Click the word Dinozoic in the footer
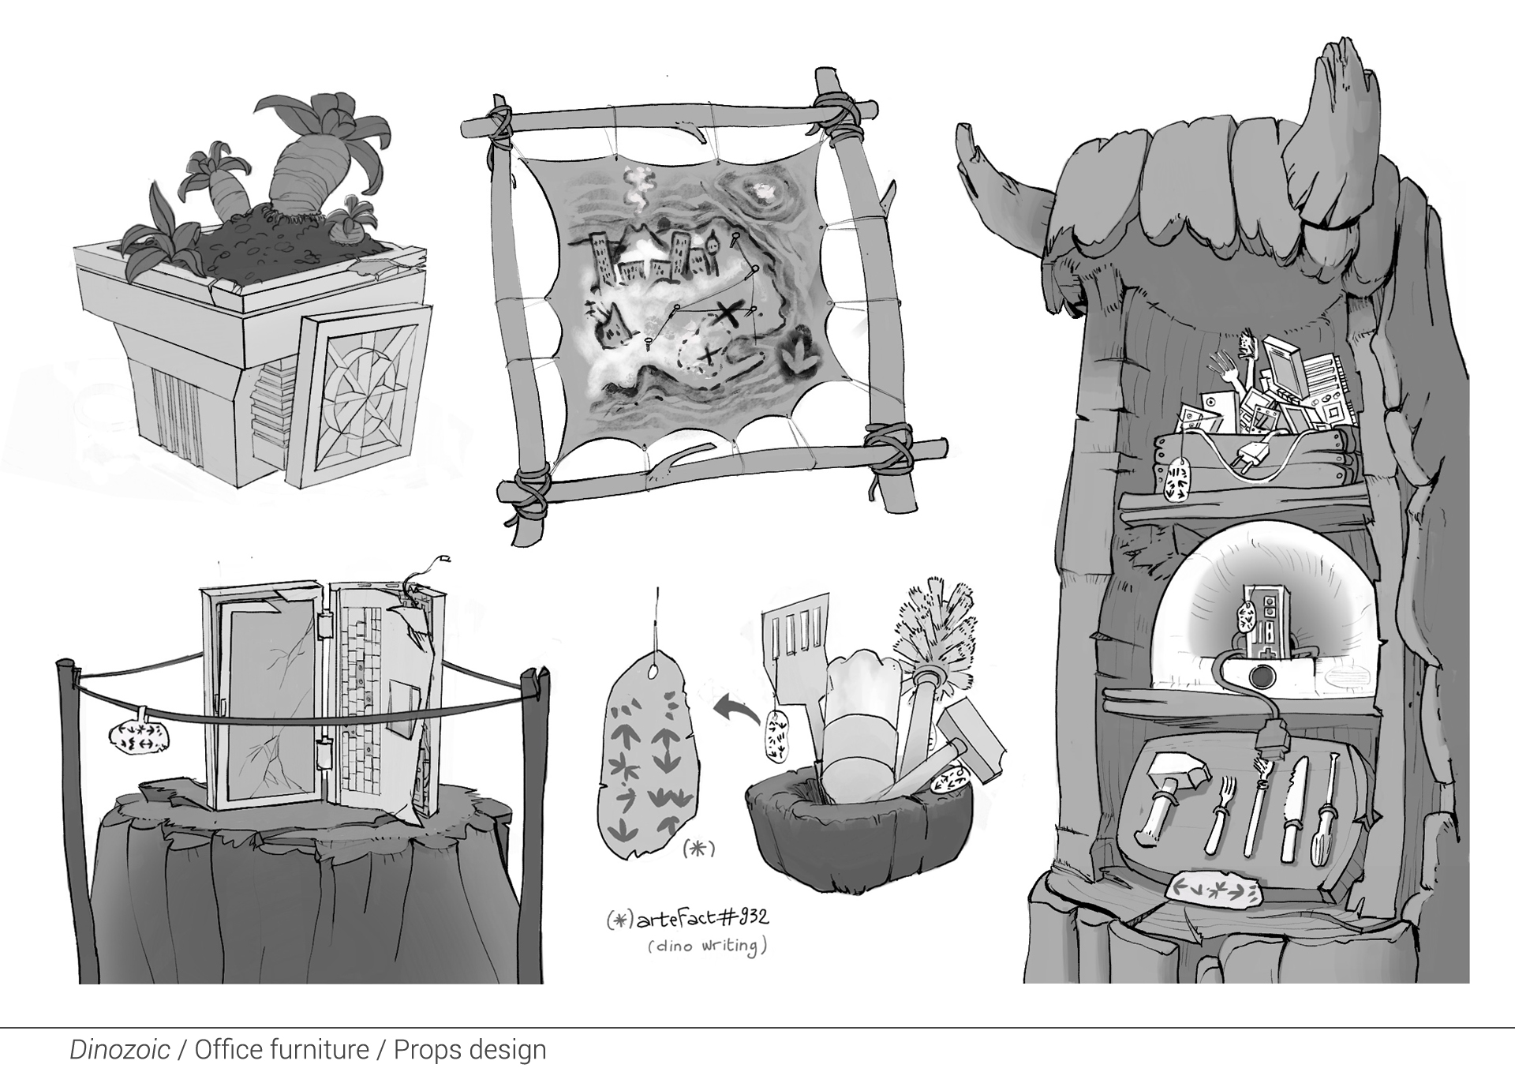[119, 1050]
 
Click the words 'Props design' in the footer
[470, 1050]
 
